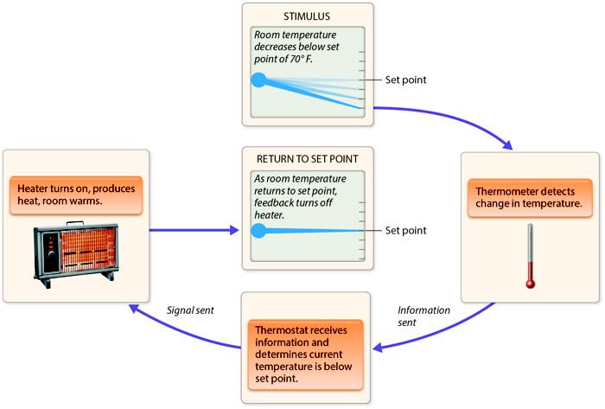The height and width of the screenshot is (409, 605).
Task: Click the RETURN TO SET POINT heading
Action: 309,159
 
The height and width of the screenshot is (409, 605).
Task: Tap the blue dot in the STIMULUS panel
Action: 258,81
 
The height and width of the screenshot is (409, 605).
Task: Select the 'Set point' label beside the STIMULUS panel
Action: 406,80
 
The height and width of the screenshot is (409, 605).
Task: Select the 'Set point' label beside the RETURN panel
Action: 406,231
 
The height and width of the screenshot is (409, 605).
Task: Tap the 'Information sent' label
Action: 421,315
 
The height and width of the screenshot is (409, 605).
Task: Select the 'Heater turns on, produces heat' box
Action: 75,195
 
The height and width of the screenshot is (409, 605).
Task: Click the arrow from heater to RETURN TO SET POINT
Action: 194,231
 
